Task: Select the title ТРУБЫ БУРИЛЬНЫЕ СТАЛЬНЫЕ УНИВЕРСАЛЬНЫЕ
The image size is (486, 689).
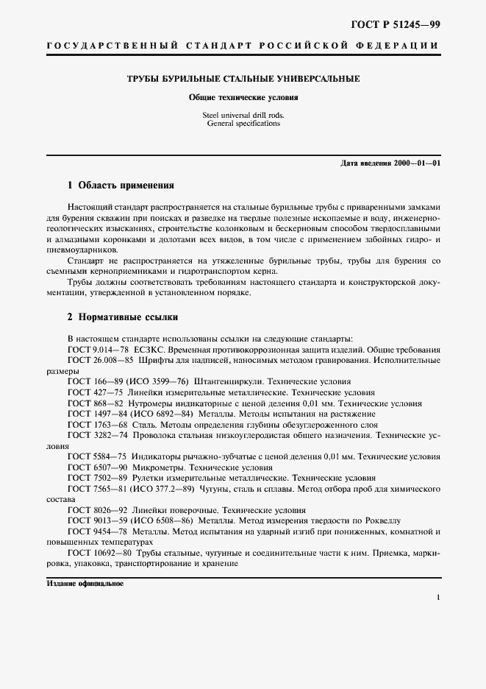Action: click(243, 78)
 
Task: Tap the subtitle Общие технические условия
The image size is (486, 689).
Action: click(243, 96)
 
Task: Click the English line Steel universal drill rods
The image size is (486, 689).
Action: click(243, 116)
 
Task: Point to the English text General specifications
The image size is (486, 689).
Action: click(243, 124)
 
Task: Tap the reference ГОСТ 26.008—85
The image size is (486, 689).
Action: click(100, 360)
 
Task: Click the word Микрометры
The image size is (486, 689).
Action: click(157, 467)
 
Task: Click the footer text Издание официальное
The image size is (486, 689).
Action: click(85, 583)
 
